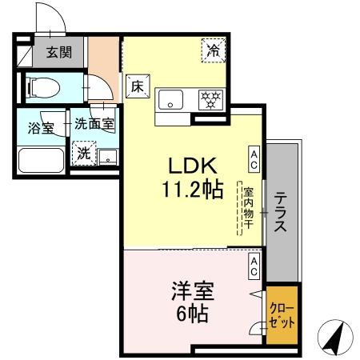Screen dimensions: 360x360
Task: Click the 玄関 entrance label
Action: click(x=57, y=53)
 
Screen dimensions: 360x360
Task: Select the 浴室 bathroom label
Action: click(x=40, y=126)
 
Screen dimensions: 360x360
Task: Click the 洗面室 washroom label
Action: click(x=94, y=124)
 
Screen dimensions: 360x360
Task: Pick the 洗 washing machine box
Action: click(x=84, y=151)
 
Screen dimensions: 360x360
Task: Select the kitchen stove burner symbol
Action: click(x=211, y=100)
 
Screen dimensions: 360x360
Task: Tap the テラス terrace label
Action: click(x=282, y=212)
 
